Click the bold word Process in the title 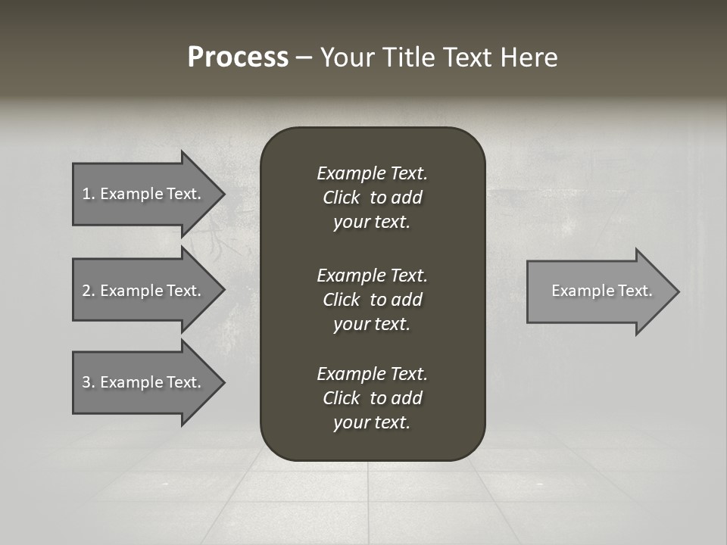[238, 58]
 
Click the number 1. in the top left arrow [89, 194]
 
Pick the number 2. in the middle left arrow [89, 291]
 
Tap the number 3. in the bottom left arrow [89, 382]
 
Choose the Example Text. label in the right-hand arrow [602, 291]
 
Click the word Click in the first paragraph [342, 198]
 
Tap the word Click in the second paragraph [342, 300]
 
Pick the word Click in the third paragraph [342, 398]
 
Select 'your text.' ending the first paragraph [372, 223]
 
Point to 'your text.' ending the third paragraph [372, 423]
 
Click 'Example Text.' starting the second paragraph [372, 275]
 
